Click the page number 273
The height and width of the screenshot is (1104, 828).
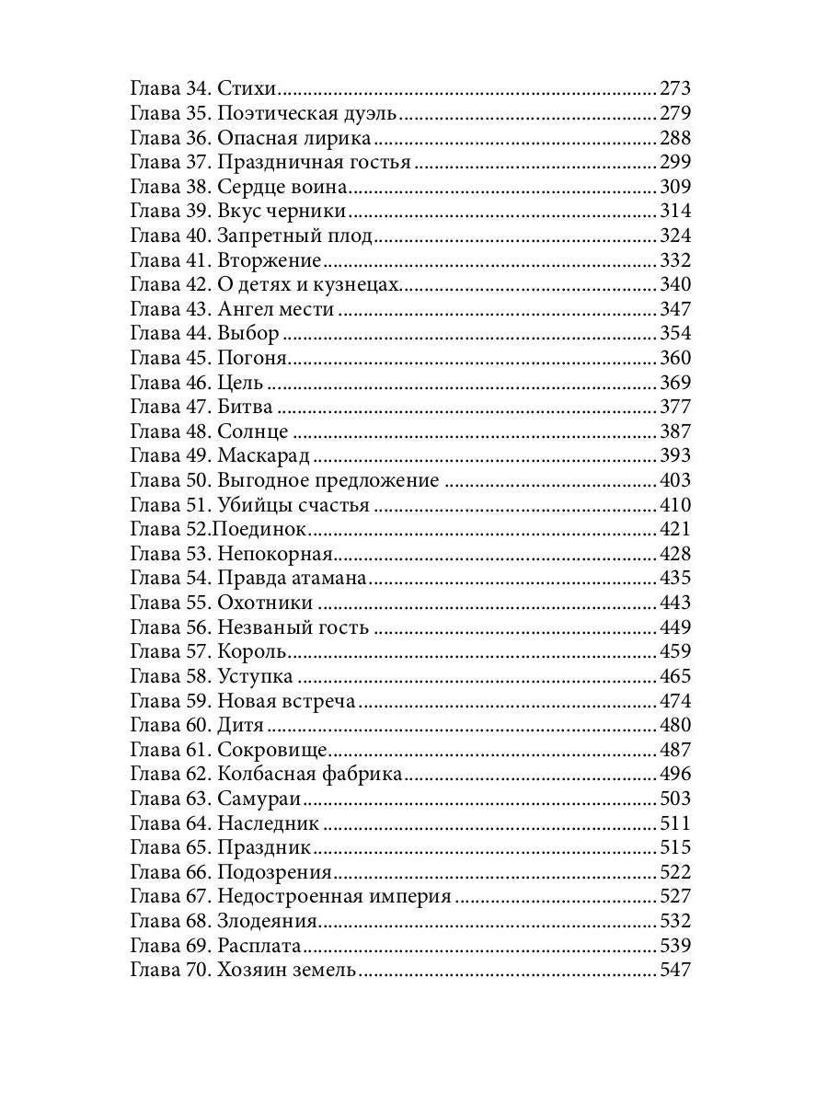point(674,89)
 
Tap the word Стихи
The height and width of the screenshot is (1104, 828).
point(247,89)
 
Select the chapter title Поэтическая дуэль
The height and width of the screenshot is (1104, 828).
point(307,114)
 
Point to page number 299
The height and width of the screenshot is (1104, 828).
point(674,163)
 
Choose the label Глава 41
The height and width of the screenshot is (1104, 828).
point(171,260)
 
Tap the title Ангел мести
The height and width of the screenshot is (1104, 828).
point(275,309)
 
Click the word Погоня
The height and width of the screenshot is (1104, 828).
point(254,358)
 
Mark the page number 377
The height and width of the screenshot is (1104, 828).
point(674,407)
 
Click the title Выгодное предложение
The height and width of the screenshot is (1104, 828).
point(328,480)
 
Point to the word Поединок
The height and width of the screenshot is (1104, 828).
point(259,529)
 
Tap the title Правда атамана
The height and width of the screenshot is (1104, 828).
point(293,578)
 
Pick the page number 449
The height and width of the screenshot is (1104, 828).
point(674,627)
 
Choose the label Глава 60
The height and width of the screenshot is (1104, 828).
point(171,725)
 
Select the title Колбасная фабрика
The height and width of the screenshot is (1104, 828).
point(310,774)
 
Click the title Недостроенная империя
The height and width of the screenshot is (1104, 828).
point(335,896)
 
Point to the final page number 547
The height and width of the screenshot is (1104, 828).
point(674,970)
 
